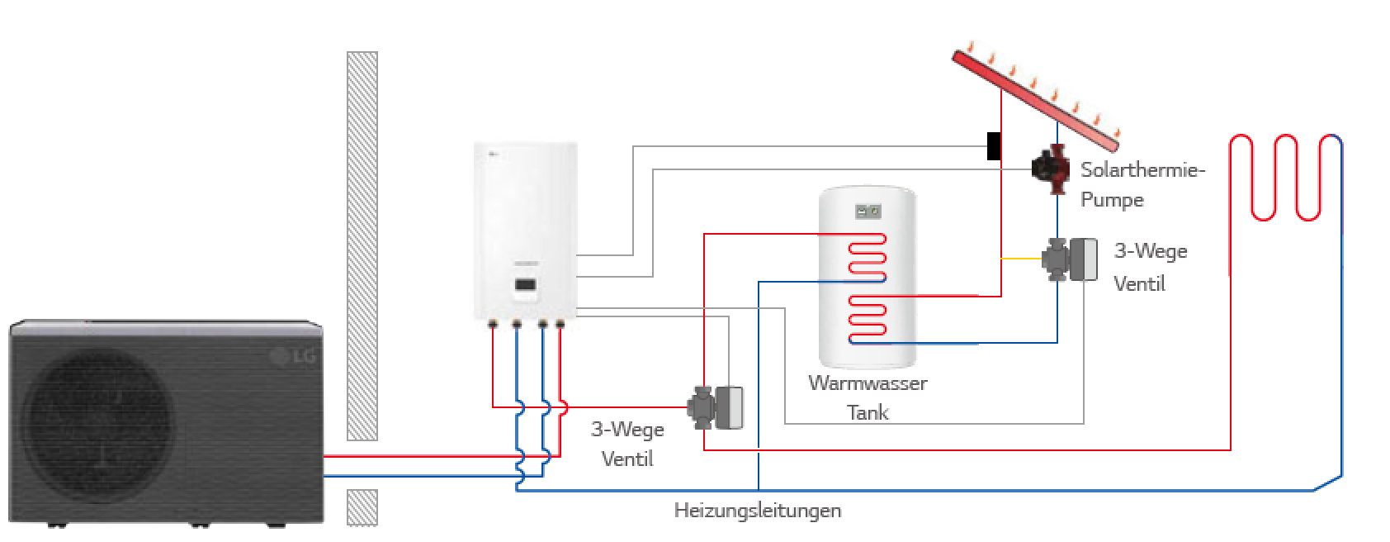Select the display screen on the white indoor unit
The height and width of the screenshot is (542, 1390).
pyautogui.click(x=526, y=286)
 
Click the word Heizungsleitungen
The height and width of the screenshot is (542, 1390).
pyautogui.click(x=758, y=511)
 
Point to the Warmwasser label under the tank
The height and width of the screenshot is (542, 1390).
pyautogui.click(x=868, y=383)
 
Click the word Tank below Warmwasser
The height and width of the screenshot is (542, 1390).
pyautogui.click(x=868, y=411)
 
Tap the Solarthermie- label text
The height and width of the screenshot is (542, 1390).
pyautogui.click(x=1143, y=171)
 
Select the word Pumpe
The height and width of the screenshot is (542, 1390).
pyautogui.click(x=1112, y=200)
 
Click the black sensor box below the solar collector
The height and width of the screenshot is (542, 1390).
pyautogui.click(x=994, y=145)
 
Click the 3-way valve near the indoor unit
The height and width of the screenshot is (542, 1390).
pyautogui.click(x=715, y=407)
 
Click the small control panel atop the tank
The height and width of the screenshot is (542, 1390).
pyautogui.click(x=867, y=210)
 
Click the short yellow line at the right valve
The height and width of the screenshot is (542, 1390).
pyautogui.click(x=1021, y=259)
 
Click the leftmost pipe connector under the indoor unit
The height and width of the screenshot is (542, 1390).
pyautogui.click(x=493, y=323)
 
